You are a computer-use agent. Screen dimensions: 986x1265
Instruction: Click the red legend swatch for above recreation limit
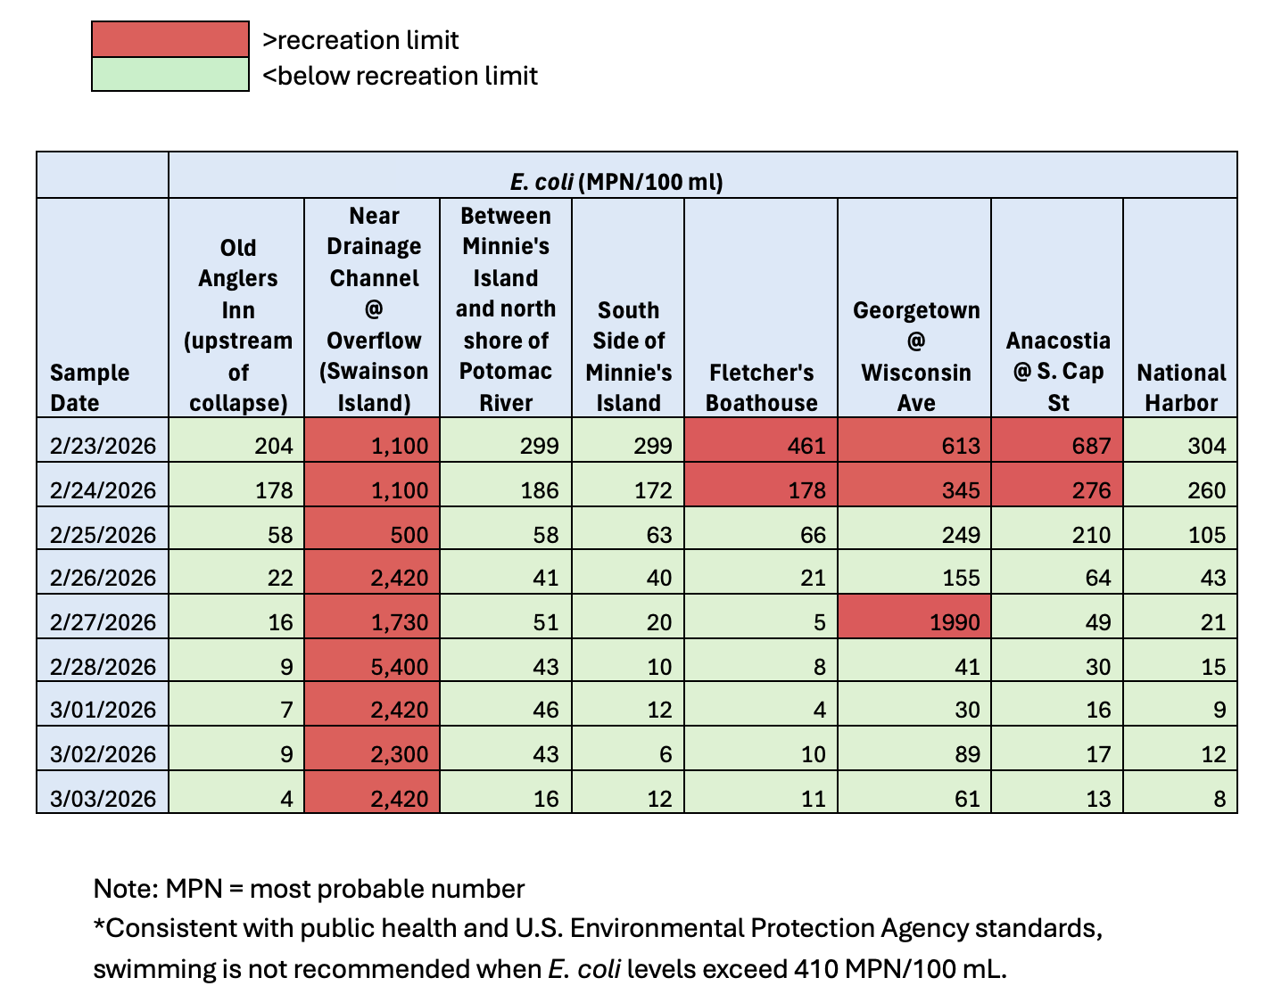pyautogui.click(x=169, y=40)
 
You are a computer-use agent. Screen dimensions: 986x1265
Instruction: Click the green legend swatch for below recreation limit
pyautogui.click(x=169, y=75)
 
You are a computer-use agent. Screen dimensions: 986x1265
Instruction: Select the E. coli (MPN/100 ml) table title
pyautogui.click(x=616, y=182)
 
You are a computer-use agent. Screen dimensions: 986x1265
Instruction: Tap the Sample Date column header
pyautogui.click(x=89, y=387)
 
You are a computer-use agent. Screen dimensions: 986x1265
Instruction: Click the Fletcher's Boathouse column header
pyautogui.click(x=761, y=387)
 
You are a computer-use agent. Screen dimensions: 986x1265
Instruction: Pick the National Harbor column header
pyautogui.click(x=1180, y=387)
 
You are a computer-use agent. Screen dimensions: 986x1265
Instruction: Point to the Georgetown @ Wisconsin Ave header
pyautogui.click(x=915, y=356)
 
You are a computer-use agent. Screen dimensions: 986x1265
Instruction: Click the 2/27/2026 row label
pyautogui.click(x=103, y=622)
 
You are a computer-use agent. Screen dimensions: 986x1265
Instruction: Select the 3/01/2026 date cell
pyautogui.click(x=103, y=710)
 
